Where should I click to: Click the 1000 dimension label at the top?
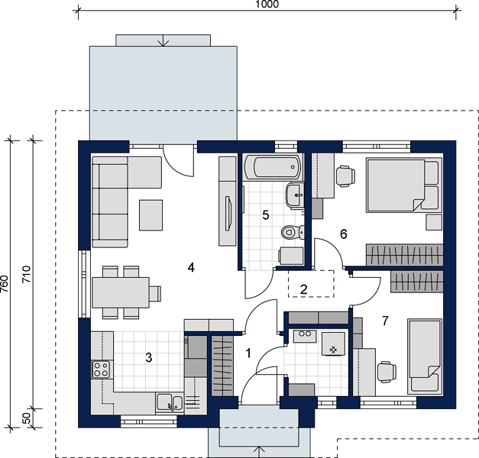point(267,5)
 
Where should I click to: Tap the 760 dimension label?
point(4,284)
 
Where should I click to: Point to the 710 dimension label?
point(27,274)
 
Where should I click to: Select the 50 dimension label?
point(27,418)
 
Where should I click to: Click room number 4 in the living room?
point(191,268)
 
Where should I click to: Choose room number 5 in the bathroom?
point(266,215)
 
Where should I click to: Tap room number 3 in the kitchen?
point(149,357)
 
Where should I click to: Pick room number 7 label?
point(385,321)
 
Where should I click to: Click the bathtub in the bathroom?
point(273,167)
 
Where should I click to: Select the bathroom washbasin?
point(295,195)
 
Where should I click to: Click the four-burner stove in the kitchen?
point(101,369)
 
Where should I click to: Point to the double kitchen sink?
point(170,402)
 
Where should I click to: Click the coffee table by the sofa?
point(151,215)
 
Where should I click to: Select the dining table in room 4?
point(121,292)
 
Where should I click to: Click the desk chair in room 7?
point(387,372)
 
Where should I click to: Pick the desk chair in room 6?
point(345,176)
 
